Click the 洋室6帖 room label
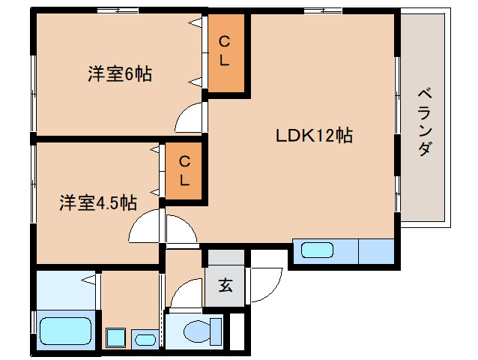tap(120, 74)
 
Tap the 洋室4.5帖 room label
tap(98, 202)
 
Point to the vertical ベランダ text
tap(423, 121)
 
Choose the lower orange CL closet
tap(184, 170)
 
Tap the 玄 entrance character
tap(225, 285)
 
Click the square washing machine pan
tap(116, 337)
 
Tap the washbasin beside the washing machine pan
tap(145, 340)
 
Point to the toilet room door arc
tap(184, 292)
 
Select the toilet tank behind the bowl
tap(217, 331)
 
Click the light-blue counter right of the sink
tap(376, 250)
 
